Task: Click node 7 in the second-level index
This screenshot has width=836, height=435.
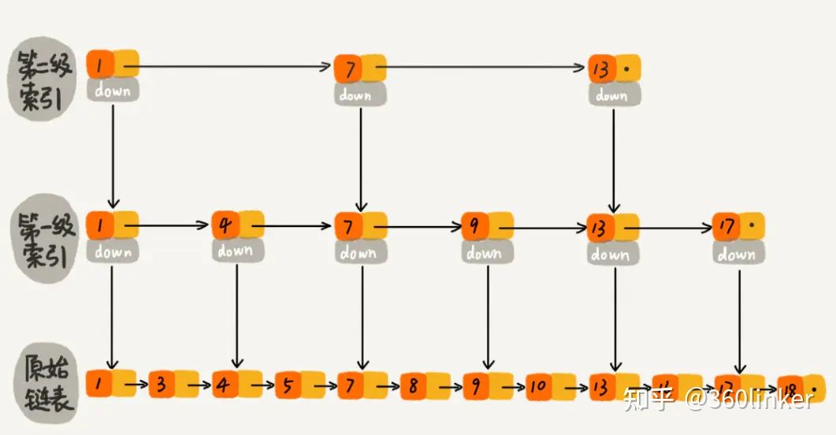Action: [347, 69]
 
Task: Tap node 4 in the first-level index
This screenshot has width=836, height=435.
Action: [225, 225]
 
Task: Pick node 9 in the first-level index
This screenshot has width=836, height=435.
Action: [475, 226]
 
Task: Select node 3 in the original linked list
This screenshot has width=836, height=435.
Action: [162, 385]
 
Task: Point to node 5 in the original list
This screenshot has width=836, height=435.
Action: [288, 385]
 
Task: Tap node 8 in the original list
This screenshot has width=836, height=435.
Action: [414, 386]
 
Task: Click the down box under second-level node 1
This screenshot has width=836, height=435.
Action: [113, 90]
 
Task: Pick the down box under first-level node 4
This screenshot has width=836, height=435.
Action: [236, 251]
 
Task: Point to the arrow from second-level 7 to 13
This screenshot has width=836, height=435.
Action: [487, 67]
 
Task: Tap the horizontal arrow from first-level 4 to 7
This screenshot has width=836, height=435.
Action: [298, 226]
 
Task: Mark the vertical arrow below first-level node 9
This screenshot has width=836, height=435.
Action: [488, 315]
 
